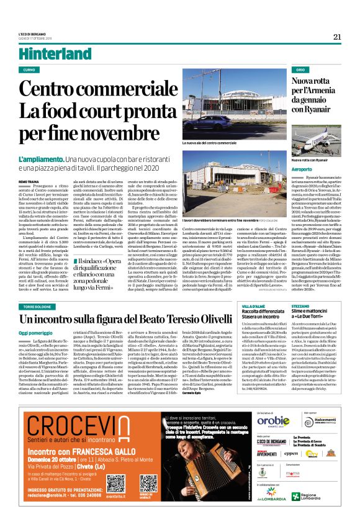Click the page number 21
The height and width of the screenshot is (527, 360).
click(337, 37)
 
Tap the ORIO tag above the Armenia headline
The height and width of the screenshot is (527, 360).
click(283, 70)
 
